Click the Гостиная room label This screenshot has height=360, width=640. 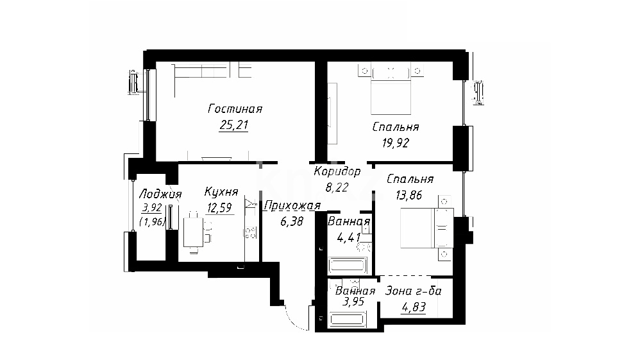click(x=235, y=109)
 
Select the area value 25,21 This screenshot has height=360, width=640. click(x=234, y=125)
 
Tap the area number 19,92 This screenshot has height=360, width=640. click(x=396, y=143)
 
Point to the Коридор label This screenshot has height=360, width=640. click(x=337, y=171)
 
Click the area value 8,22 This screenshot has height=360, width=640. click(x=337, y=187)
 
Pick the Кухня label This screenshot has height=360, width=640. click(x=221, y=192)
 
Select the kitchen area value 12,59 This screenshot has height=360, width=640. click(x=220, y=208)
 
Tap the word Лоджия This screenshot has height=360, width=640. click(x=160, y=194)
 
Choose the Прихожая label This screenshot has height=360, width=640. click(x=292, y=205)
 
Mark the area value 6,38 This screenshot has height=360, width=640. click(x=292, y=221)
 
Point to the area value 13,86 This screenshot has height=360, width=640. click(x=409, y=195)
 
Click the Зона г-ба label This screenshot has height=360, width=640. click(x=414, y=291)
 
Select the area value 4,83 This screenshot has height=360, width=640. click(x=414, y=307)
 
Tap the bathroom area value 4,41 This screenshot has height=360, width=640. click(x=348, y=237)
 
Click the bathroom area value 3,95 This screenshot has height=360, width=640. click(x=353, y=302)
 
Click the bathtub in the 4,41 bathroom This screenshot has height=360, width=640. click(x=348, y=265)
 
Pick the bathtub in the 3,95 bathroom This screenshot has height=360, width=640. click(x=348, y=319)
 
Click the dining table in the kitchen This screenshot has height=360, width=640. click(x=193, y=232)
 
